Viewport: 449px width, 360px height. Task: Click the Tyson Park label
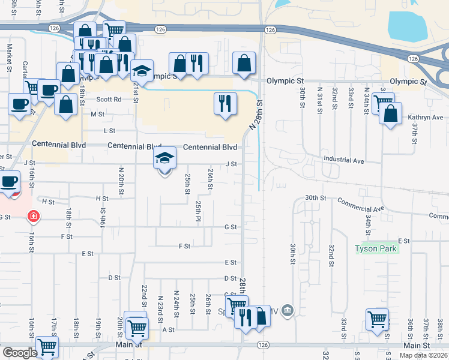point(376,248)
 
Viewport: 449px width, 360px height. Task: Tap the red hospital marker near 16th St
point(34,215)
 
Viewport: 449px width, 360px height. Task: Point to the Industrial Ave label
point(344,160)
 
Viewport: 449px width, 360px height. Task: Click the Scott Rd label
point(109,100)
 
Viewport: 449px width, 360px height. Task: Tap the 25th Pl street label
point(197,211)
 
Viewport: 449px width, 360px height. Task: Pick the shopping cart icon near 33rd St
point(377,319)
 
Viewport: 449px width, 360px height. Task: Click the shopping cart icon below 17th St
point(47,346)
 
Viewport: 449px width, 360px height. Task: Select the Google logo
point(20,353)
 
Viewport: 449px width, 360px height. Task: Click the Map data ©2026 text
point(423,355)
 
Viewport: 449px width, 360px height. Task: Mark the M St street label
point(98,113)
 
